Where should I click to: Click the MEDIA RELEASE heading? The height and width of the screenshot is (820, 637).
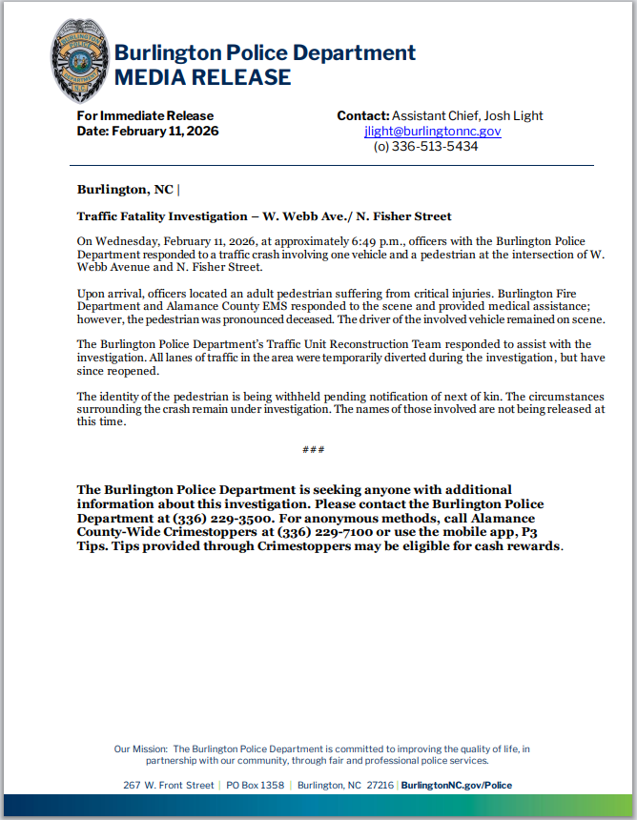(202, 77)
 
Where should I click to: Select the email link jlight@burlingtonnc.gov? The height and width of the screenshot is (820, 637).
(432, 132)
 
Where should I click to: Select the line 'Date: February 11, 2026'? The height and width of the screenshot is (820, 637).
(148, 131)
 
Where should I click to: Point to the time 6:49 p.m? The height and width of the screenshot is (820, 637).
(367, 242)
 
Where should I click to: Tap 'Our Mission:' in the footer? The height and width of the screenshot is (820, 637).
(140, 749)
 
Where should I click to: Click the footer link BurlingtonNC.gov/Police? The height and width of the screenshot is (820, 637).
(456, 785)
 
